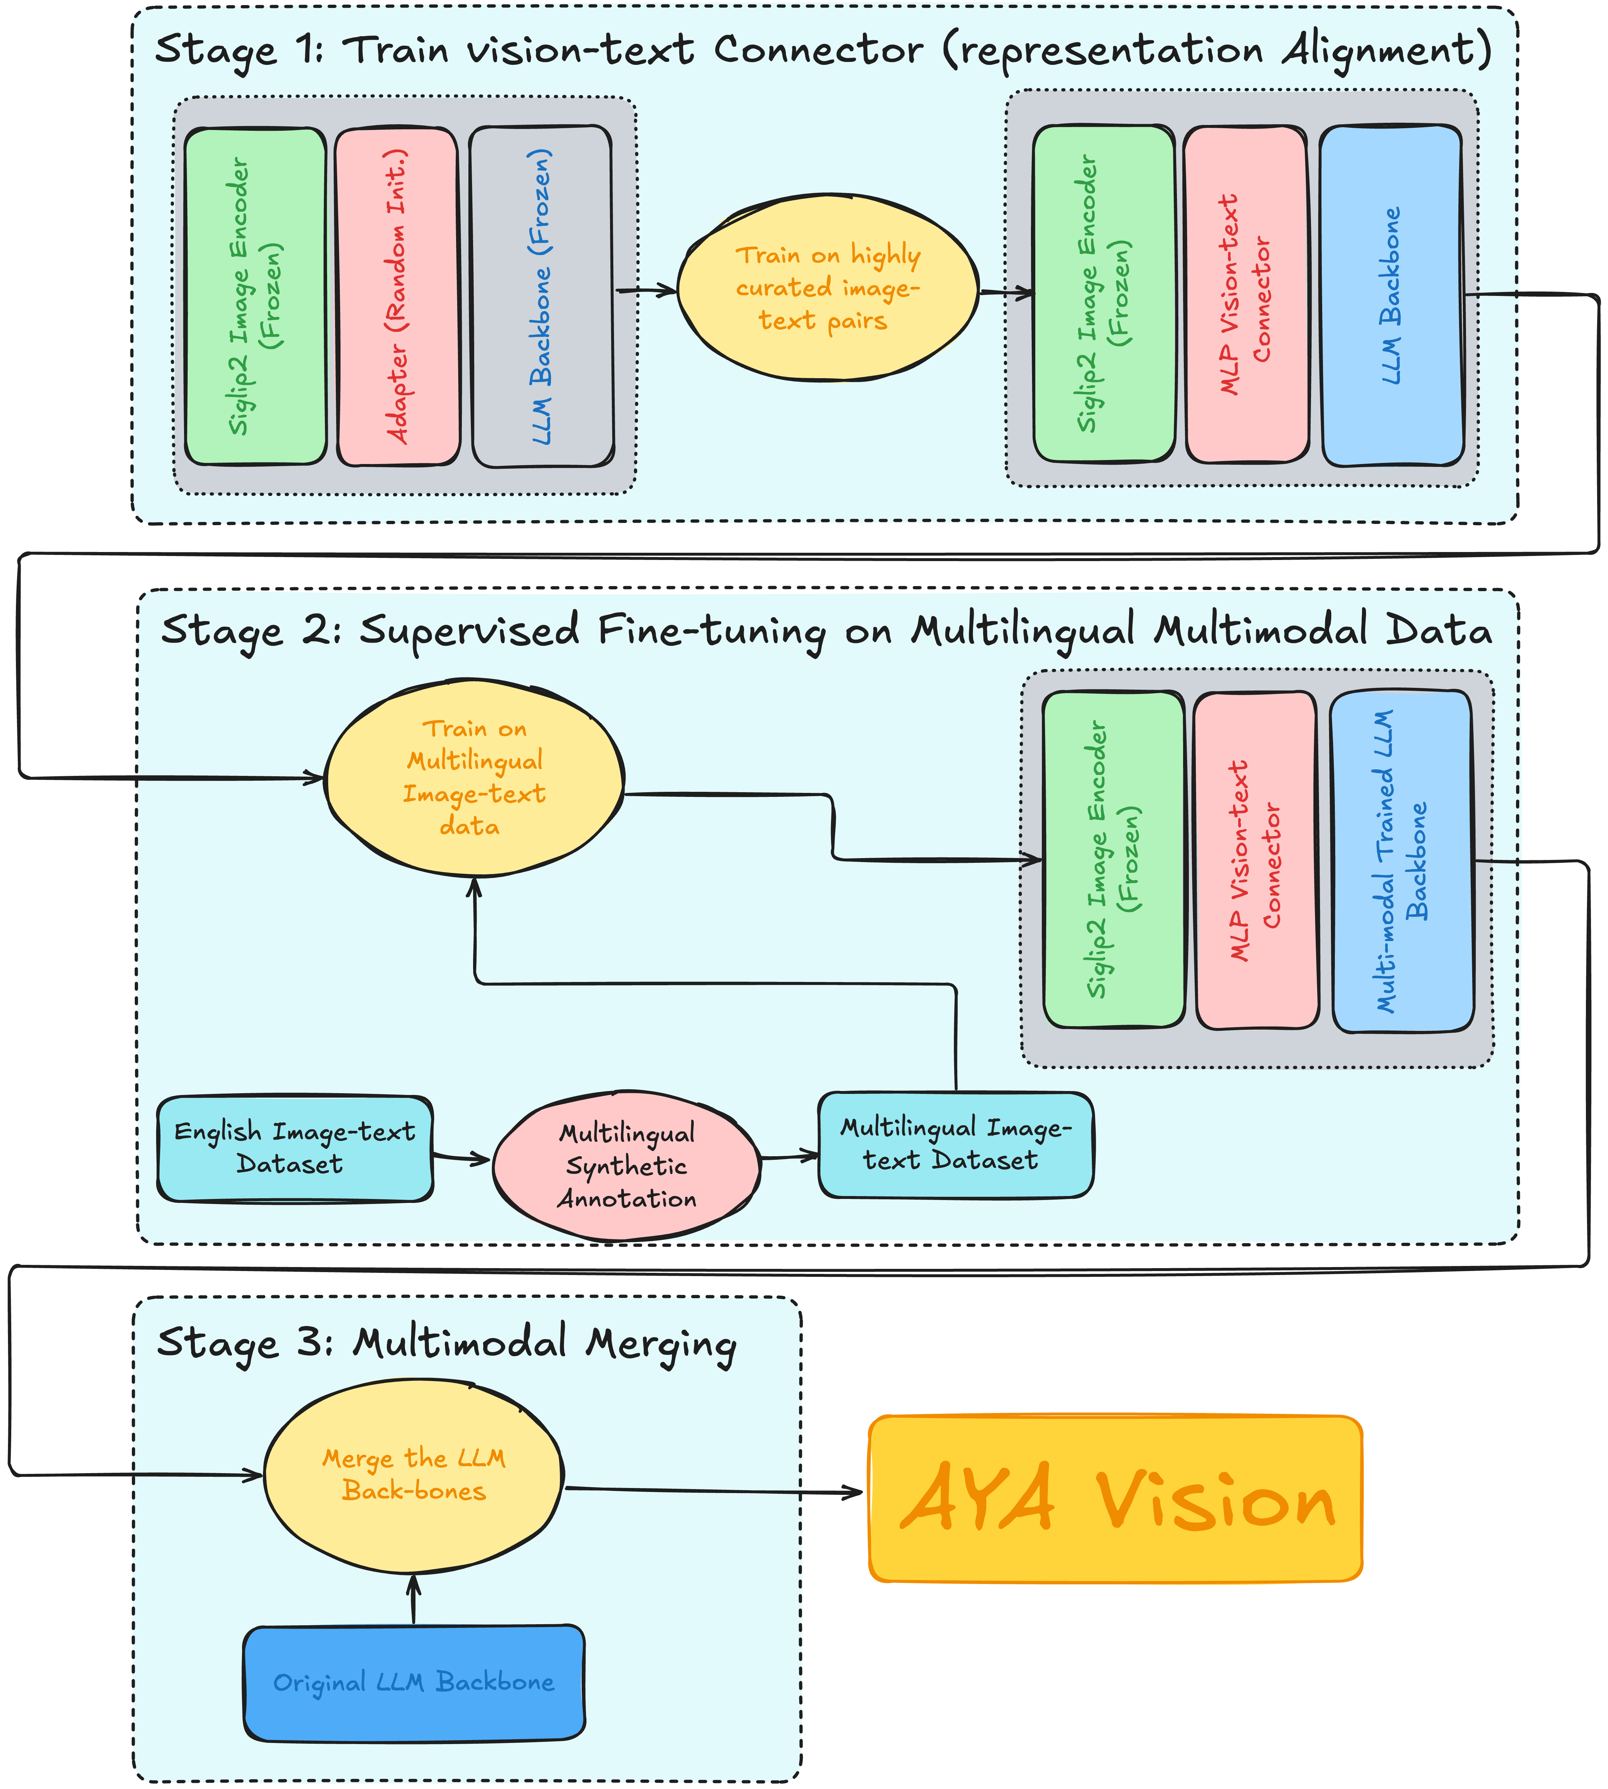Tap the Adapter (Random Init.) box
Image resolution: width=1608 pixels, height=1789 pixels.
tap(398, 296)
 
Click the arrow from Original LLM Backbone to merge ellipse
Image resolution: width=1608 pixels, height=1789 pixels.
tap(413, 1599)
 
